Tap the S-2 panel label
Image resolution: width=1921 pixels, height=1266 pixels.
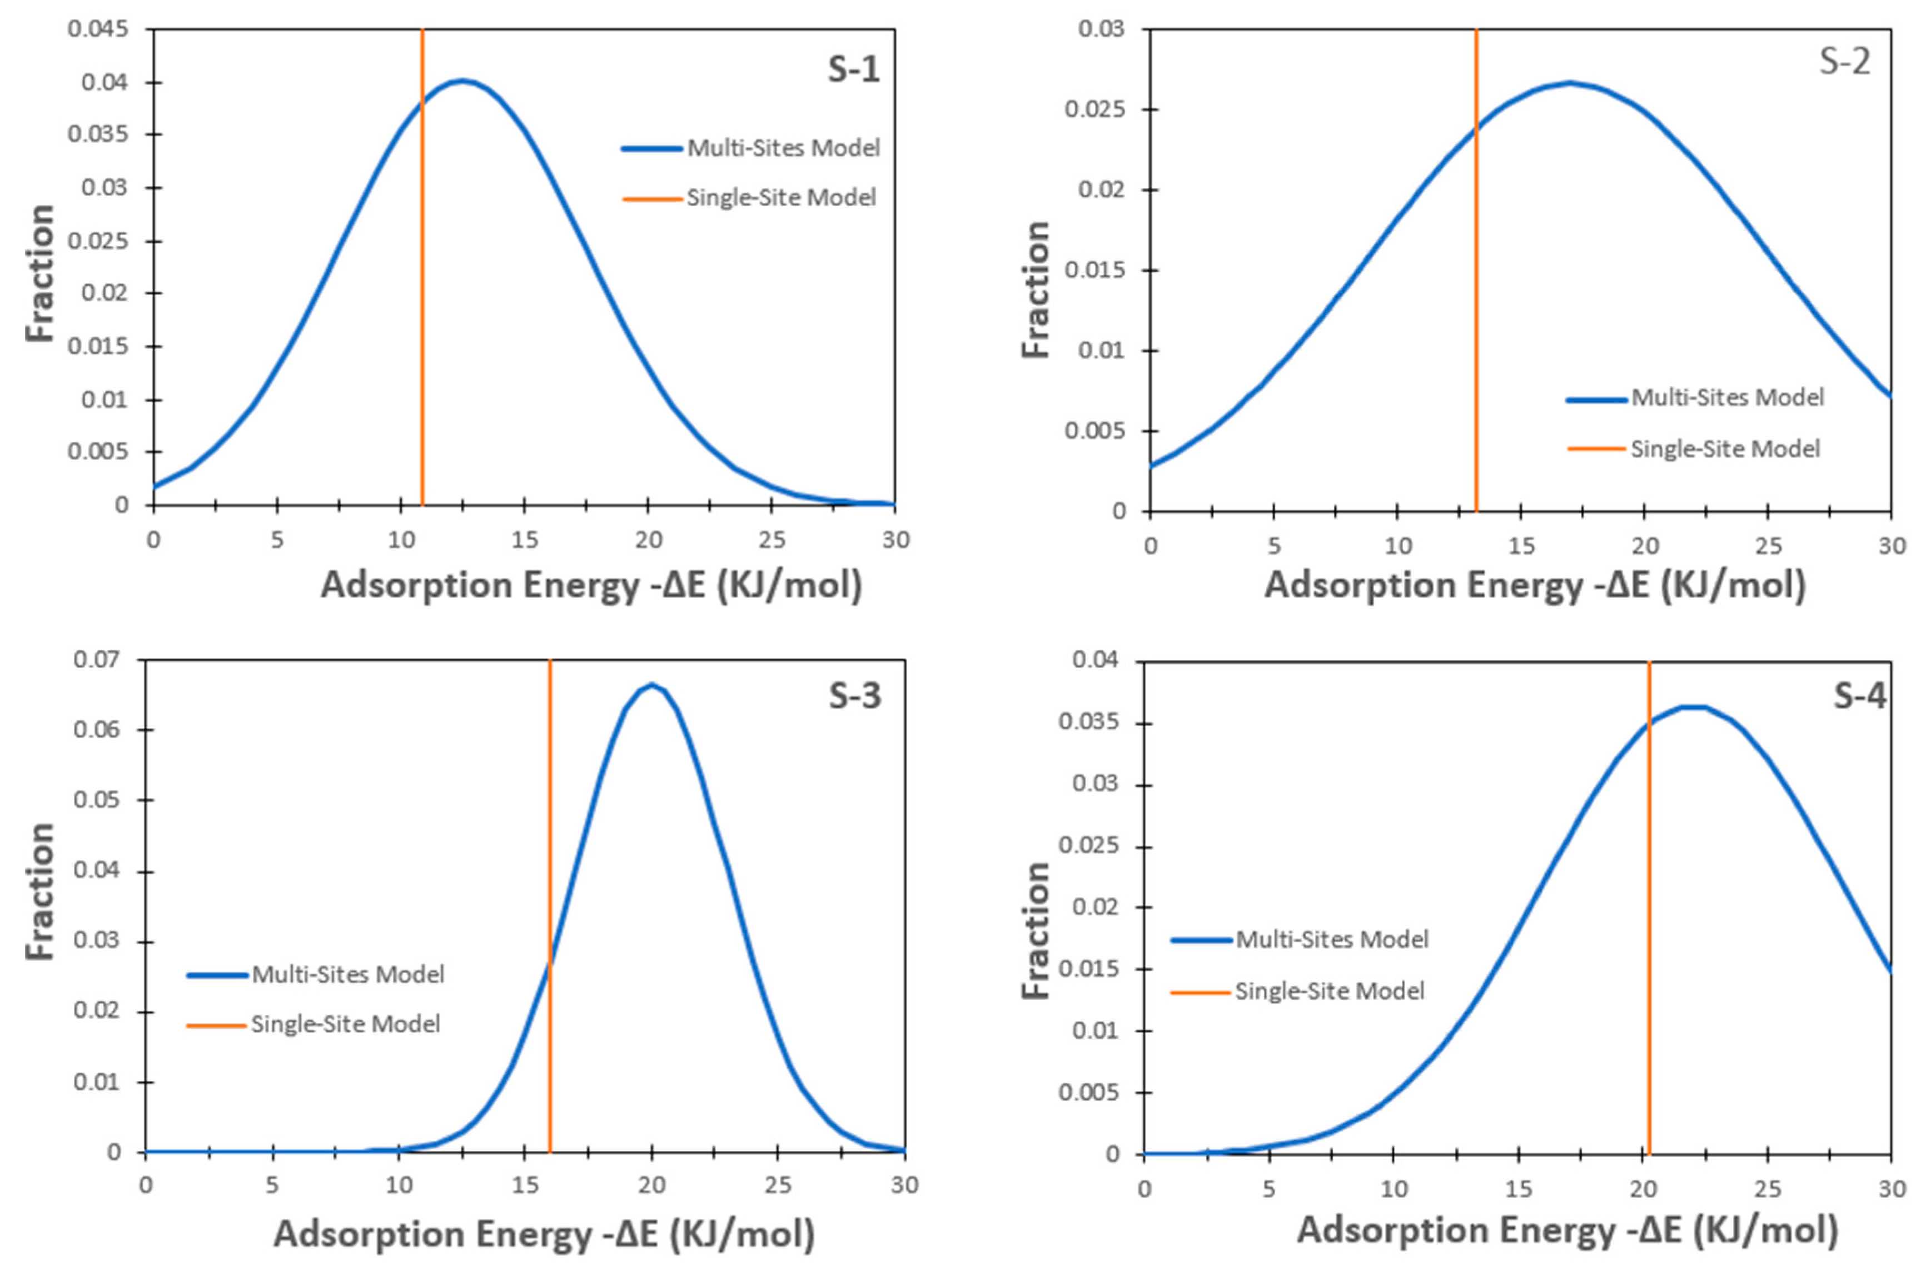(1844, 61)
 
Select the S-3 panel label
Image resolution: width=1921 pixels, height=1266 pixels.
(854, 696)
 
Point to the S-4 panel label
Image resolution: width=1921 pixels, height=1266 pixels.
(1860, 696)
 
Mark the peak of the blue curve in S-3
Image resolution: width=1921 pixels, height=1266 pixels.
(651, 685)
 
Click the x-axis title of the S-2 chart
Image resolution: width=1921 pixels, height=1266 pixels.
(1534, 585)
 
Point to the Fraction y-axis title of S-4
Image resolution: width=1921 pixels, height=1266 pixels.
(1036, 929)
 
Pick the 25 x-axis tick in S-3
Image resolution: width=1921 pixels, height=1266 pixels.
(777, 1185)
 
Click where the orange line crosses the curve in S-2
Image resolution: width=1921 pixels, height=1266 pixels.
(1476, 128)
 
